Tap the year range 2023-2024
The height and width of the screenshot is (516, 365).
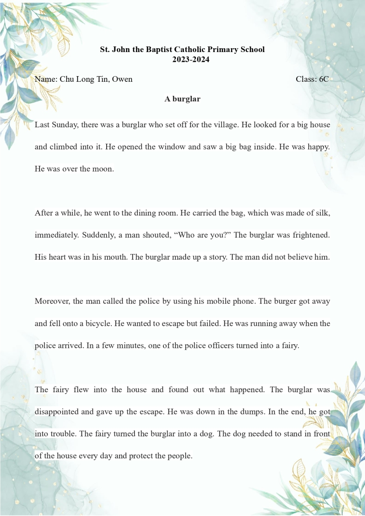191,60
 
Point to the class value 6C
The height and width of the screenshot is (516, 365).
324,79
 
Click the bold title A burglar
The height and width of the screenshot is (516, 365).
182,99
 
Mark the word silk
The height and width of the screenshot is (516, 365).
321,213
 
